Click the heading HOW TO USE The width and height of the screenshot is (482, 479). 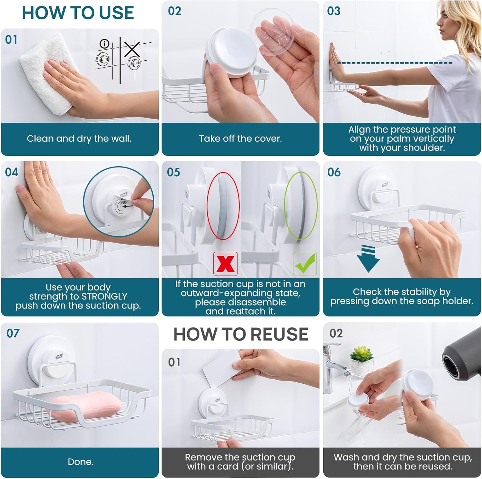78,13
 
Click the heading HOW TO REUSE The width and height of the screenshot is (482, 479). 241,334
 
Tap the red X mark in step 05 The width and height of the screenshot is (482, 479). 226,264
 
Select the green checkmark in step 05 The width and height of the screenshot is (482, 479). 305,264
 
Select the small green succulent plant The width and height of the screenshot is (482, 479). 362,355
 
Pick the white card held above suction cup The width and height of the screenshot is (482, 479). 222,369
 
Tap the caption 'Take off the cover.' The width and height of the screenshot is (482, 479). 240,139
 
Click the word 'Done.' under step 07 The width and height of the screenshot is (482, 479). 80,462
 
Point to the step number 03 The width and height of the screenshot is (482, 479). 334,11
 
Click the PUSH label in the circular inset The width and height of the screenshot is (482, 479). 125,202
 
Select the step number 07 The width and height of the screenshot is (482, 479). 13,334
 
